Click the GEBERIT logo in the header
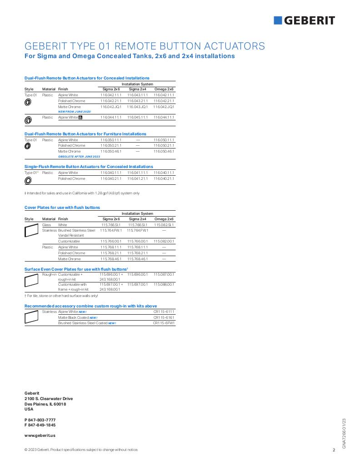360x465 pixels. [304, 20]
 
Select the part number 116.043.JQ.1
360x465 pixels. [137, 107]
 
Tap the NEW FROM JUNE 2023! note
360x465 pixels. [75, 111]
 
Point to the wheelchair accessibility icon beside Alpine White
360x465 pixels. [81, 117]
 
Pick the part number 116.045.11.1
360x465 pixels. [137, 117]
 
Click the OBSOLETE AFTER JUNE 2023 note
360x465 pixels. [79, 156]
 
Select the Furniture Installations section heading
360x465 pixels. [85, 134]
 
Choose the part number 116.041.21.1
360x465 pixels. [137, 178]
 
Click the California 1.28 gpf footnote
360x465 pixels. [82, 193]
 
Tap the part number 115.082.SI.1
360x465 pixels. [164, 225]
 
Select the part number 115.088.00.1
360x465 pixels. [164, 284]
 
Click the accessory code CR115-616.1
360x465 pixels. [164, 317]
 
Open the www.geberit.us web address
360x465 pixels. [40, 435]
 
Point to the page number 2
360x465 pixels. [334, 450]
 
